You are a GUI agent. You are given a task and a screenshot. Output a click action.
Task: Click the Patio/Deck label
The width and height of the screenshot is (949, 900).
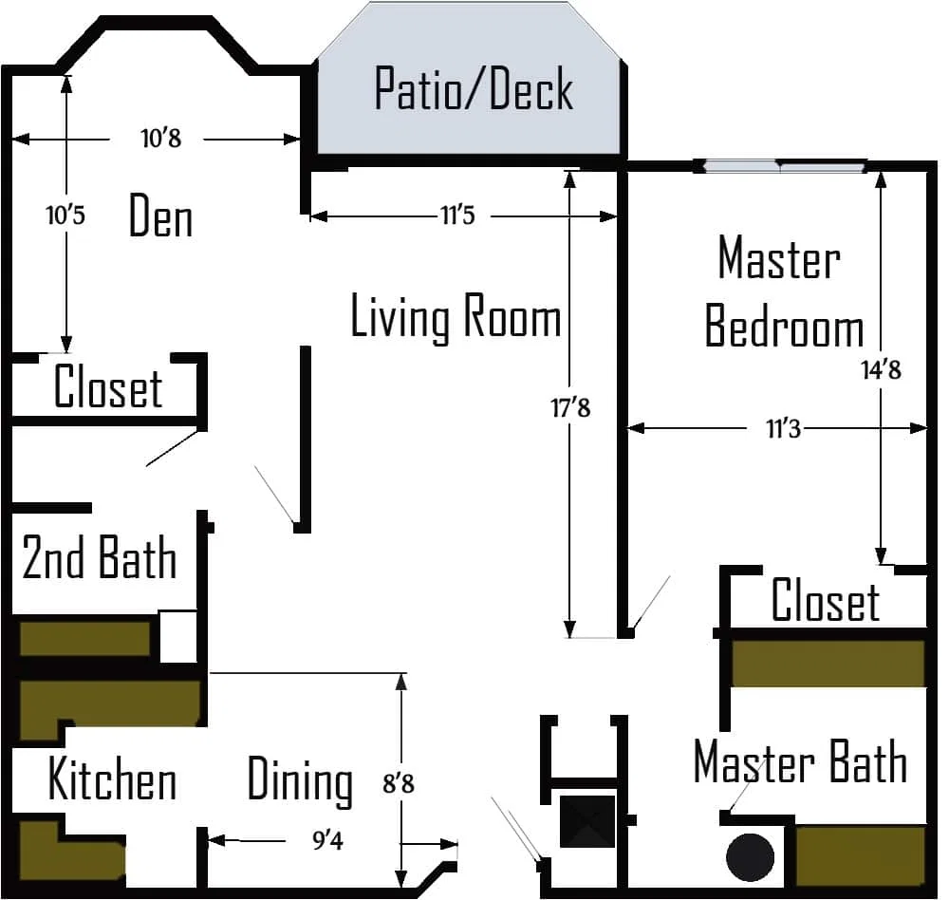[474, 89]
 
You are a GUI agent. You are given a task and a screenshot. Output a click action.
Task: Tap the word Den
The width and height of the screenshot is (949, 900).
[161, 216]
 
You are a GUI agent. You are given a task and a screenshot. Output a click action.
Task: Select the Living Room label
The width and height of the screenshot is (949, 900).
[456, 317]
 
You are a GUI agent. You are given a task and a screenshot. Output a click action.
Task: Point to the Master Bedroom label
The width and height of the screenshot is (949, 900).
[784, 291]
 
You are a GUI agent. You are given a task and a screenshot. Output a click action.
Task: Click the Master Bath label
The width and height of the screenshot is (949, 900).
[800, 762]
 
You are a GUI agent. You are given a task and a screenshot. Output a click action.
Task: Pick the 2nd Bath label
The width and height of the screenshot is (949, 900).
[100, 558]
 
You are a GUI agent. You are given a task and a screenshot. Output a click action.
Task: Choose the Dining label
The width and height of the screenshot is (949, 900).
[300, 781]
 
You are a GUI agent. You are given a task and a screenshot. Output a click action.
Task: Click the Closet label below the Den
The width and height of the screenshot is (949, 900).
[108, 387]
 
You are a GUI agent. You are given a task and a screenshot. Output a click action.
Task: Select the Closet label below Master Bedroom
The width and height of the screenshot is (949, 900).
[826, 600]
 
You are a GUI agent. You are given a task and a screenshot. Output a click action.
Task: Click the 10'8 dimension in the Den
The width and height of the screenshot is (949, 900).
[161, 139]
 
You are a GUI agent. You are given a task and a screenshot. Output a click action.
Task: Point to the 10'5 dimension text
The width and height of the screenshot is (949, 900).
[65, 215]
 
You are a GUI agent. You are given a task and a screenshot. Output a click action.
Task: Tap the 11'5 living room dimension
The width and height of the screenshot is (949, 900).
[457, 215]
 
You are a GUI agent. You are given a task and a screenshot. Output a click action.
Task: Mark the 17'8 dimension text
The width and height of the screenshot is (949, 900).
[570, 407]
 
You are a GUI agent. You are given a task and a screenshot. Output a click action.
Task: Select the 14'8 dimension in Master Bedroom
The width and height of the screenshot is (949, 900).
[882, 369]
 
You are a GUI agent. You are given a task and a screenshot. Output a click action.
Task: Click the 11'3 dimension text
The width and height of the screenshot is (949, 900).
[783, 429]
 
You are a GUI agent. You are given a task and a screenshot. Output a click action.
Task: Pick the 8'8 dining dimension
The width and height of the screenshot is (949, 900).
[399, 784]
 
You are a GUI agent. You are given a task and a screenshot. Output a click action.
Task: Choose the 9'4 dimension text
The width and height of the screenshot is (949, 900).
[327, 840]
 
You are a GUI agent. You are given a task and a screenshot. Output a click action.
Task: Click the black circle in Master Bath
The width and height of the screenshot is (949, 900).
[750, 857]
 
